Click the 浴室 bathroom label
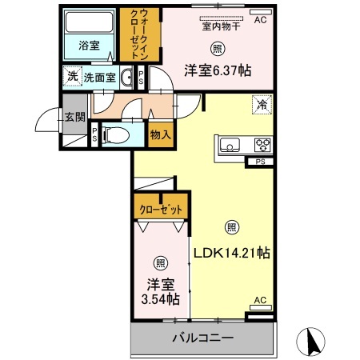[x=89, y=46]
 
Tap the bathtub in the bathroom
[x=89, y=22]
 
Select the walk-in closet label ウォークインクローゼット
[x=140, y=34]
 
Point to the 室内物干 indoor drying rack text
[x=221, y=26]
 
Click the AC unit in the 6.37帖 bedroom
[x=261, y=12]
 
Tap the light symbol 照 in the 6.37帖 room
[x=218, y=49]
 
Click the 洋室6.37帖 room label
[x=218, y=70]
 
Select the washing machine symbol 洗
[x=73, y=76]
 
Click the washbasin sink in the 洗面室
[x=126, y=78]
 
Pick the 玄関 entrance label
[x=75, y=117]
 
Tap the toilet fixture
[x=117, y=135]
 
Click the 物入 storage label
[x=161, y=134]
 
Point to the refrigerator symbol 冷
[x=262, y=105]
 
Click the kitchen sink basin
[x=230, y=146]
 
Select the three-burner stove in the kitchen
[x=263, y=146]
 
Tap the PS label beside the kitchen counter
[x=261, y=162]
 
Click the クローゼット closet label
[x=161, y=210]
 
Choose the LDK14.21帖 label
[x=231, y=253]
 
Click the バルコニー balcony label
[x=203, y=338]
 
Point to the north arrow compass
[x=310, y=342]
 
